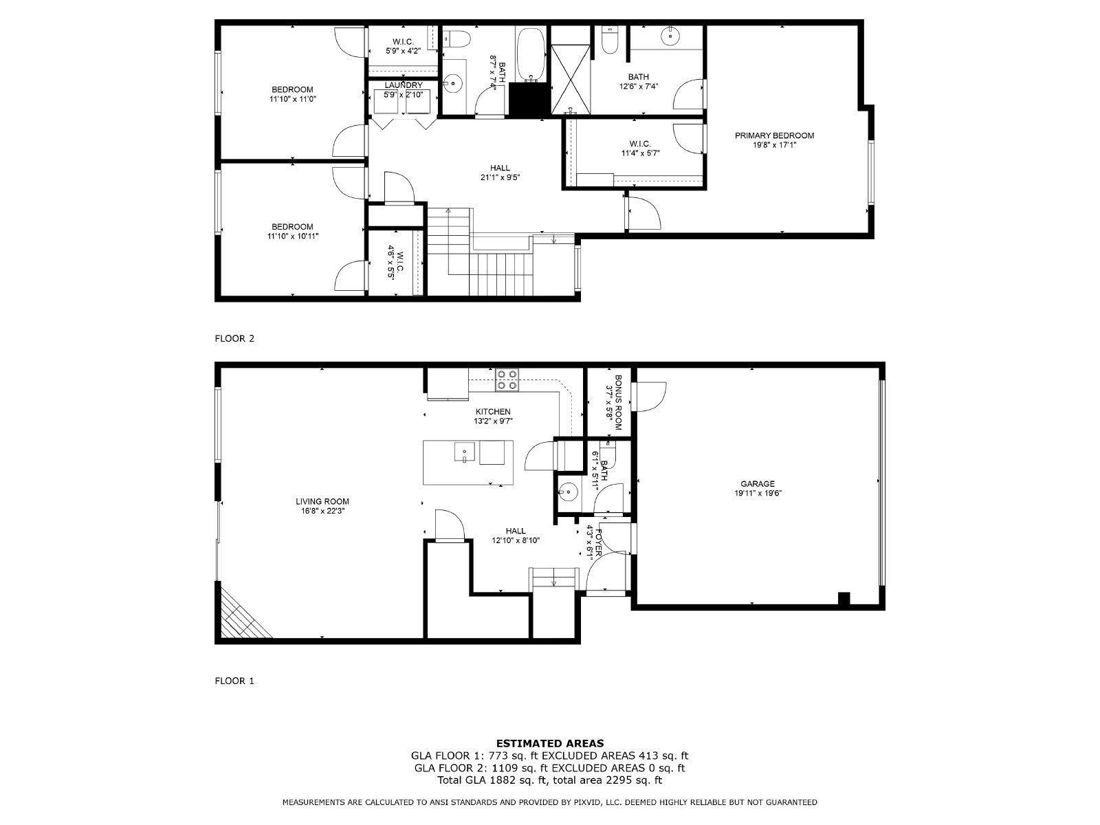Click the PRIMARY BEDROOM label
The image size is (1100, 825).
tap(774, 135)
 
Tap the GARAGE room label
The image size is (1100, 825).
tap(757, 483)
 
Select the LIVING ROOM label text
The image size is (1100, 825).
tap(322, 501)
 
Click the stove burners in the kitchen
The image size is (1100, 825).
tap(507, 379)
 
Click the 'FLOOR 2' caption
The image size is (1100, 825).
tap(234, 338)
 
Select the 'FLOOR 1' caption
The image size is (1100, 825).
tap(234, 681)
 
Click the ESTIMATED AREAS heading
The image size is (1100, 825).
tap(550, 742)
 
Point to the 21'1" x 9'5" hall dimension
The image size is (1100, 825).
tap(500, 177)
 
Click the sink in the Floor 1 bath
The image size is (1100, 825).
tap(568, 491)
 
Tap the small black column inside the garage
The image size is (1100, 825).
tap(844, 598)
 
